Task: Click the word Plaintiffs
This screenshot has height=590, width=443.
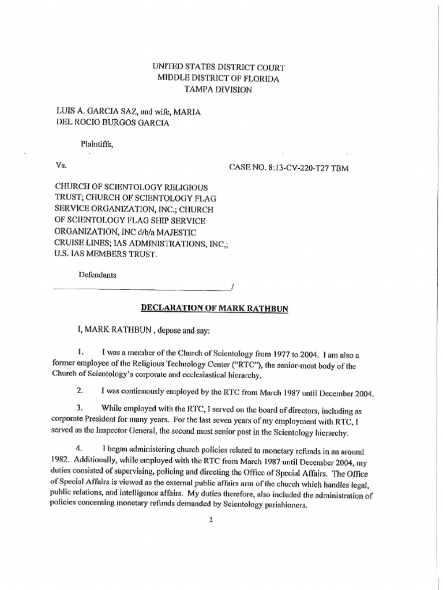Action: click(96, 145)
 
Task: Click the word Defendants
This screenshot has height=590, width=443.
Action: click(97, 275)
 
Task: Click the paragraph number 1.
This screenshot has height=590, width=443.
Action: click(81, 351)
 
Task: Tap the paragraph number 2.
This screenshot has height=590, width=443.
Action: click(81, 391)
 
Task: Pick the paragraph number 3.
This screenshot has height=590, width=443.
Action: click(81, 407)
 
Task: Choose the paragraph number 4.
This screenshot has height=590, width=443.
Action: click(81, 448)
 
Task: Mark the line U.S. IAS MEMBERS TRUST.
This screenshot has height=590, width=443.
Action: click(106, 254)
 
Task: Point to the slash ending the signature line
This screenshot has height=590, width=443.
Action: click(231, 286)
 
